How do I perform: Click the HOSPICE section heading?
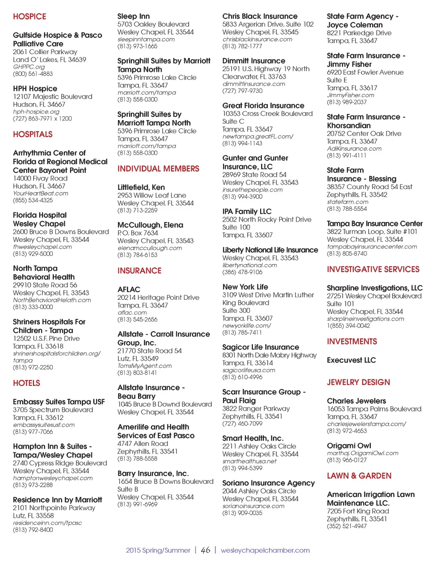point(29,17)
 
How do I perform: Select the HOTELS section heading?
point(26,383)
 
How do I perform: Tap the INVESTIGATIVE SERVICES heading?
point(373,270)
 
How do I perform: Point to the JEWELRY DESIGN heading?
point(358,382)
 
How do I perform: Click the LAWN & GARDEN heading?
point(359,476)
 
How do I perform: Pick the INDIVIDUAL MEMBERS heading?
point(158,169)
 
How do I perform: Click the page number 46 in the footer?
point(206,550)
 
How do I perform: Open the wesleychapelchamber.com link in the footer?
point(265,551)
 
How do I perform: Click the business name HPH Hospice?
point(35,89)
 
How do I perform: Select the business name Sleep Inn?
point(133,17)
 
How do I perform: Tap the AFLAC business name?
point(129,290)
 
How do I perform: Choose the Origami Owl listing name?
point(349,446)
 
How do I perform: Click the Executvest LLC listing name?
point(351,360)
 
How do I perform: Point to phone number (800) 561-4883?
point(33,74)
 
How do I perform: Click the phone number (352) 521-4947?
point(347,526)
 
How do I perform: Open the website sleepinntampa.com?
point(146,39)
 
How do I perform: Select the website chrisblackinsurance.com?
point(257,39)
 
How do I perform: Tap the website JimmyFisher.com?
point(350,95)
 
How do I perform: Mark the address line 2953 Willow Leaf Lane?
point(152,195)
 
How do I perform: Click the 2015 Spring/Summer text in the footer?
point(158,551)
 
